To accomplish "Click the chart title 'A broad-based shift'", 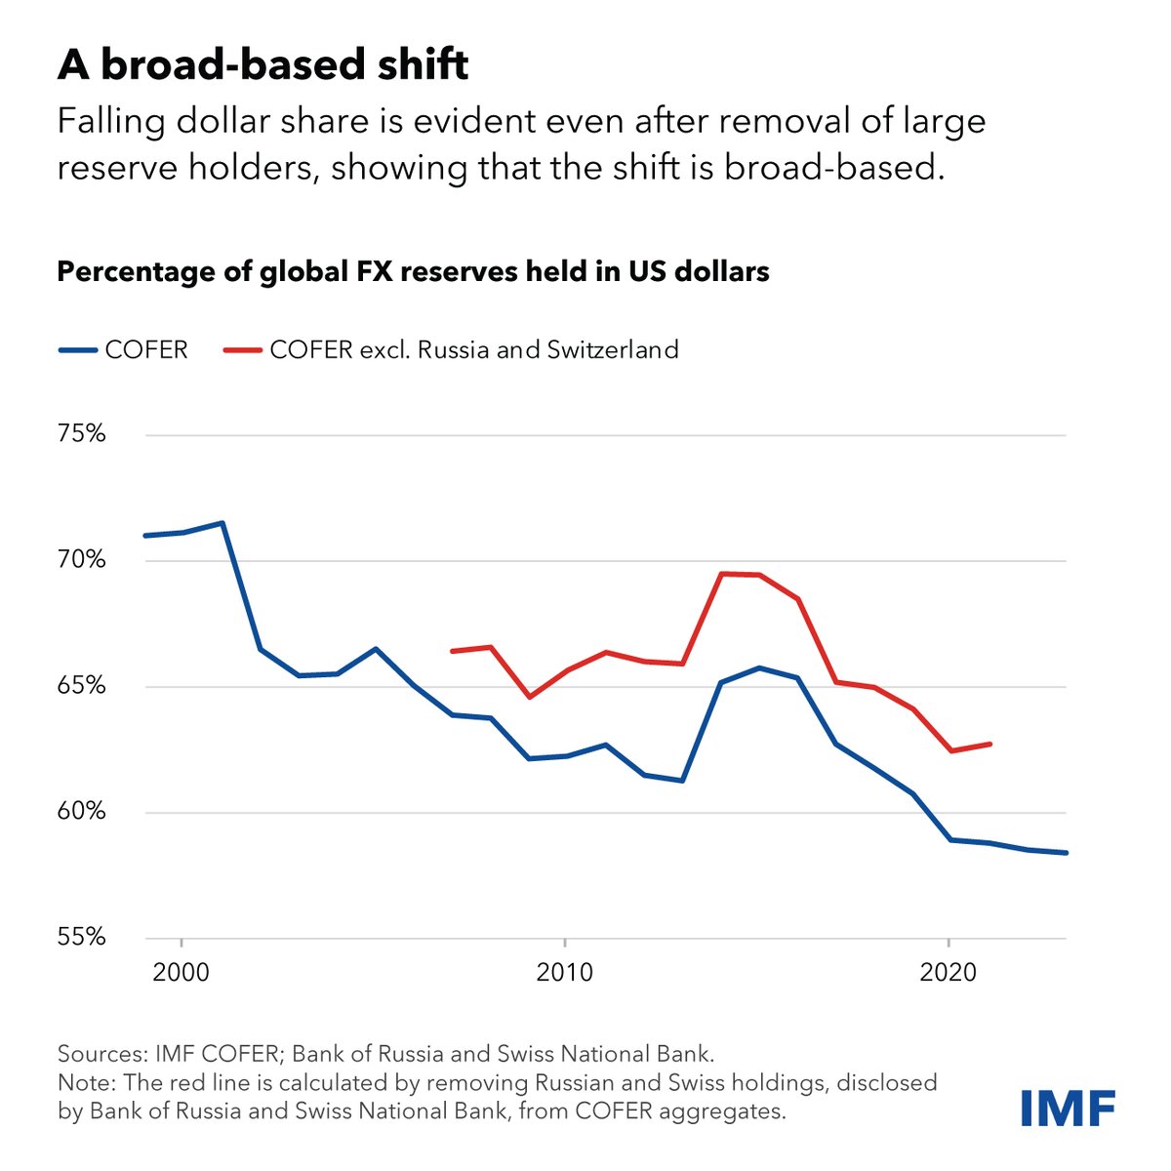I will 262,65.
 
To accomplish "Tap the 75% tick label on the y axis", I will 81,434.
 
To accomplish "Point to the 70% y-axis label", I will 81,560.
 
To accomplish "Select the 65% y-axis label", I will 81,686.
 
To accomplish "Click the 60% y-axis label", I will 81,812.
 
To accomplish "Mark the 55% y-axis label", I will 81,937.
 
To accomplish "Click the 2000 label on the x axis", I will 182,973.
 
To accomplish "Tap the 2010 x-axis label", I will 565,973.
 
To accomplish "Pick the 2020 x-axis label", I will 949,973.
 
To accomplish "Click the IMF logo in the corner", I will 1067,1107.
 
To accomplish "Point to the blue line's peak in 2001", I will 222,523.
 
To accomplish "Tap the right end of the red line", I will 989,744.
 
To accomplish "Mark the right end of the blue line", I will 1066,853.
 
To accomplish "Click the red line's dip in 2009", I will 529,697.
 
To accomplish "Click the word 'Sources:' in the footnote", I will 101,1054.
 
